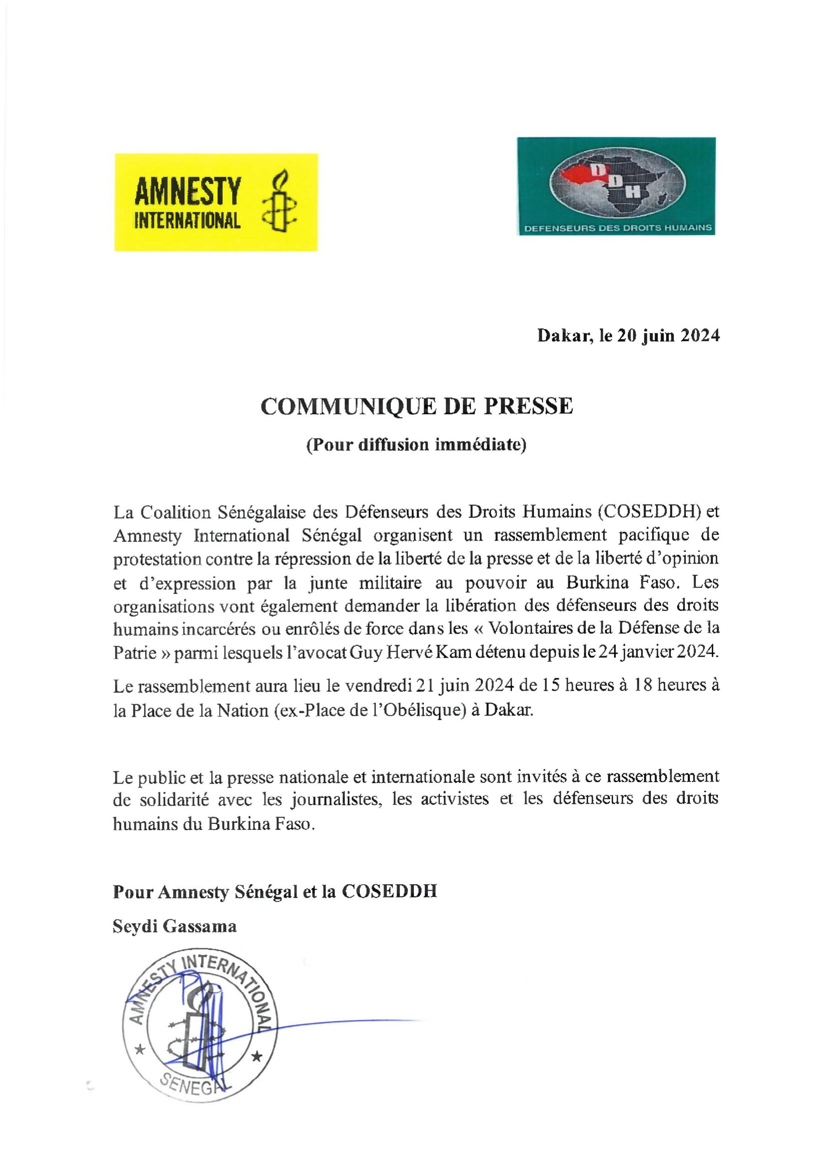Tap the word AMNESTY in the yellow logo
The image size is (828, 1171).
coord(187,192)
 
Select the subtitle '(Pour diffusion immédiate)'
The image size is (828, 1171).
coord(416,445)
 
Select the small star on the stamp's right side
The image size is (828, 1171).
coord(257,1057)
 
